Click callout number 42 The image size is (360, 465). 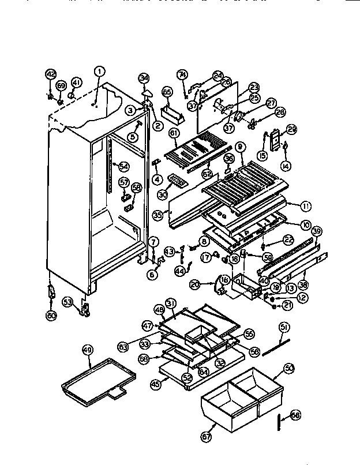point(50,74)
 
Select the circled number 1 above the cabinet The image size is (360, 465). point(100,72)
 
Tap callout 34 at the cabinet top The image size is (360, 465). point(144,78)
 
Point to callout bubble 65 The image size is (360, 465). point(167,92)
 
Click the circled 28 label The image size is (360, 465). point(264,112)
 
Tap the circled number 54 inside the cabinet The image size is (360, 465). point(123,167)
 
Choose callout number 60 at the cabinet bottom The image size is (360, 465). point(51,314)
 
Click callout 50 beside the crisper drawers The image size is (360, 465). point(289,367)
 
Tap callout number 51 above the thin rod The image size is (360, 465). point(283,327)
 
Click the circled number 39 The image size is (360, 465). point(316,230)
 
